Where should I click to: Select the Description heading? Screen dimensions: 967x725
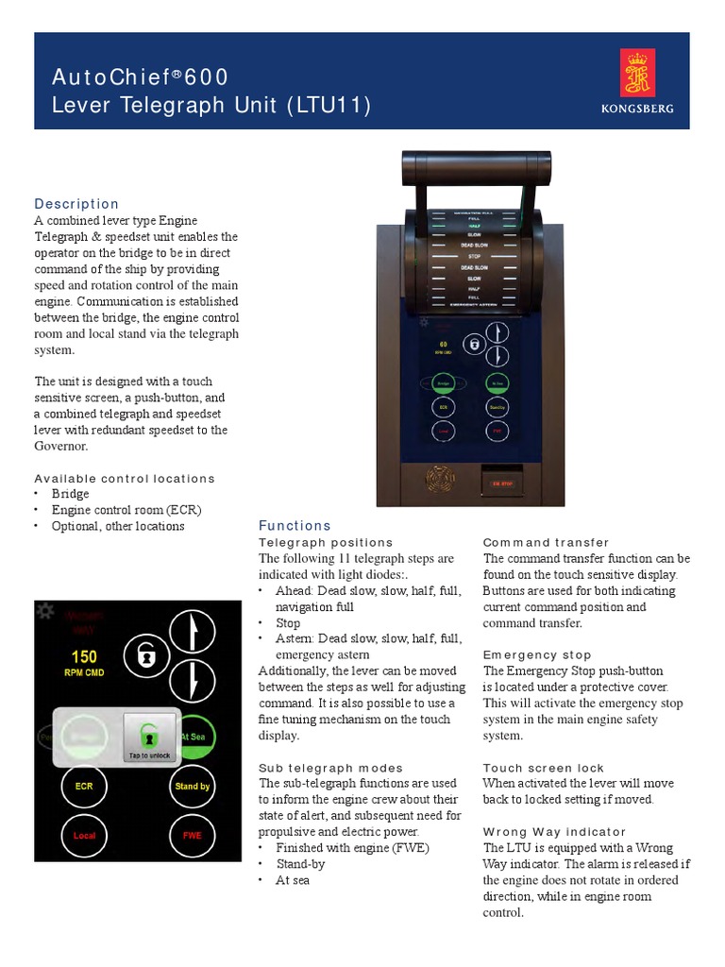click(x=76, y=204)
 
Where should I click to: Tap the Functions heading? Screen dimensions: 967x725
click(x=295, y=525)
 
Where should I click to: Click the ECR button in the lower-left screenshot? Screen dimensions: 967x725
click(x=85, y=786)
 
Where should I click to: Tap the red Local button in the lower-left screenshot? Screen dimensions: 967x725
click(x=85, y=835)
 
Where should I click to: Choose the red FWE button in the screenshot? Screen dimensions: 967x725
click(x=193, y=835)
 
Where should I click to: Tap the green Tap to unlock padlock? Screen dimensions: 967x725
click(x=149, y=735)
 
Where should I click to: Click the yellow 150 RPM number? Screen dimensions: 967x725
click(x=84, y=656)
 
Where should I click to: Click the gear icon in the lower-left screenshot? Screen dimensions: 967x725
click(x=43, y=611)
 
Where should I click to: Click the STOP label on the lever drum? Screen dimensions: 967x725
click(x=474, y=256)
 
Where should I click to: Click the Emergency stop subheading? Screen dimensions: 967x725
click(x=537, y=654)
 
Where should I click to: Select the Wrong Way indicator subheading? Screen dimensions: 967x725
click(x=554, y=832)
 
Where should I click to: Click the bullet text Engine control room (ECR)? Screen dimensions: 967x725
click(x=126, y=510)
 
